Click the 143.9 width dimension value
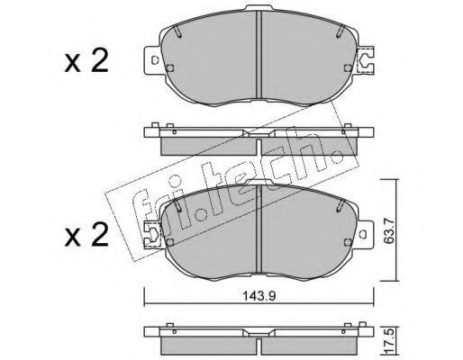(x=259, y=296)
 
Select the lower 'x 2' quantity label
(x=86, y=235)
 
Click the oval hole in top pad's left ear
(x=155, y=60)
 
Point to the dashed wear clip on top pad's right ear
(x=365, y=59)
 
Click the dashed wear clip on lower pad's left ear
(x=153, y=234)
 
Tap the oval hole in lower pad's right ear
(x=363, y=234)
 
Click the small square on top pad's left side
(x=170, y=68)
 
